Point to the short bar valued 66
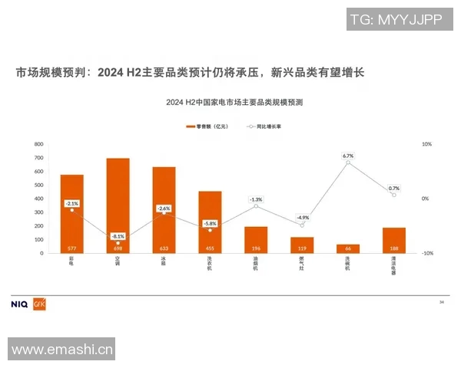click(348, 248)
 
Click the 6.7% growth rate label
click(348, 155)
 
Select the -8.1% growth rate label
click(118, 236)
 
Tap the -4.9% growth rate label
click(302, 218)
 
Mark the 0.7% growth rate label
click(394, 188)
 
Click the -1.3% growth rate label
click(256, 199)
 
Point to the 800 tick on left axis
click(38, 144)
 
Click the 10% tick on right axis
click(427, 144)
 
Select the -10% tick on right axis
click(428, 253)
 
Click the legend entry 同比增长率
click(264, 125)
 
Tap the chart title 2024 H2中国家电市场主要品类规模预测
click(234, 102)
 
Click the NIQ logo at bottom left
click(20, 304)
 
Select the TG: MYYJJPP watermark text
click(395, 19)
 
